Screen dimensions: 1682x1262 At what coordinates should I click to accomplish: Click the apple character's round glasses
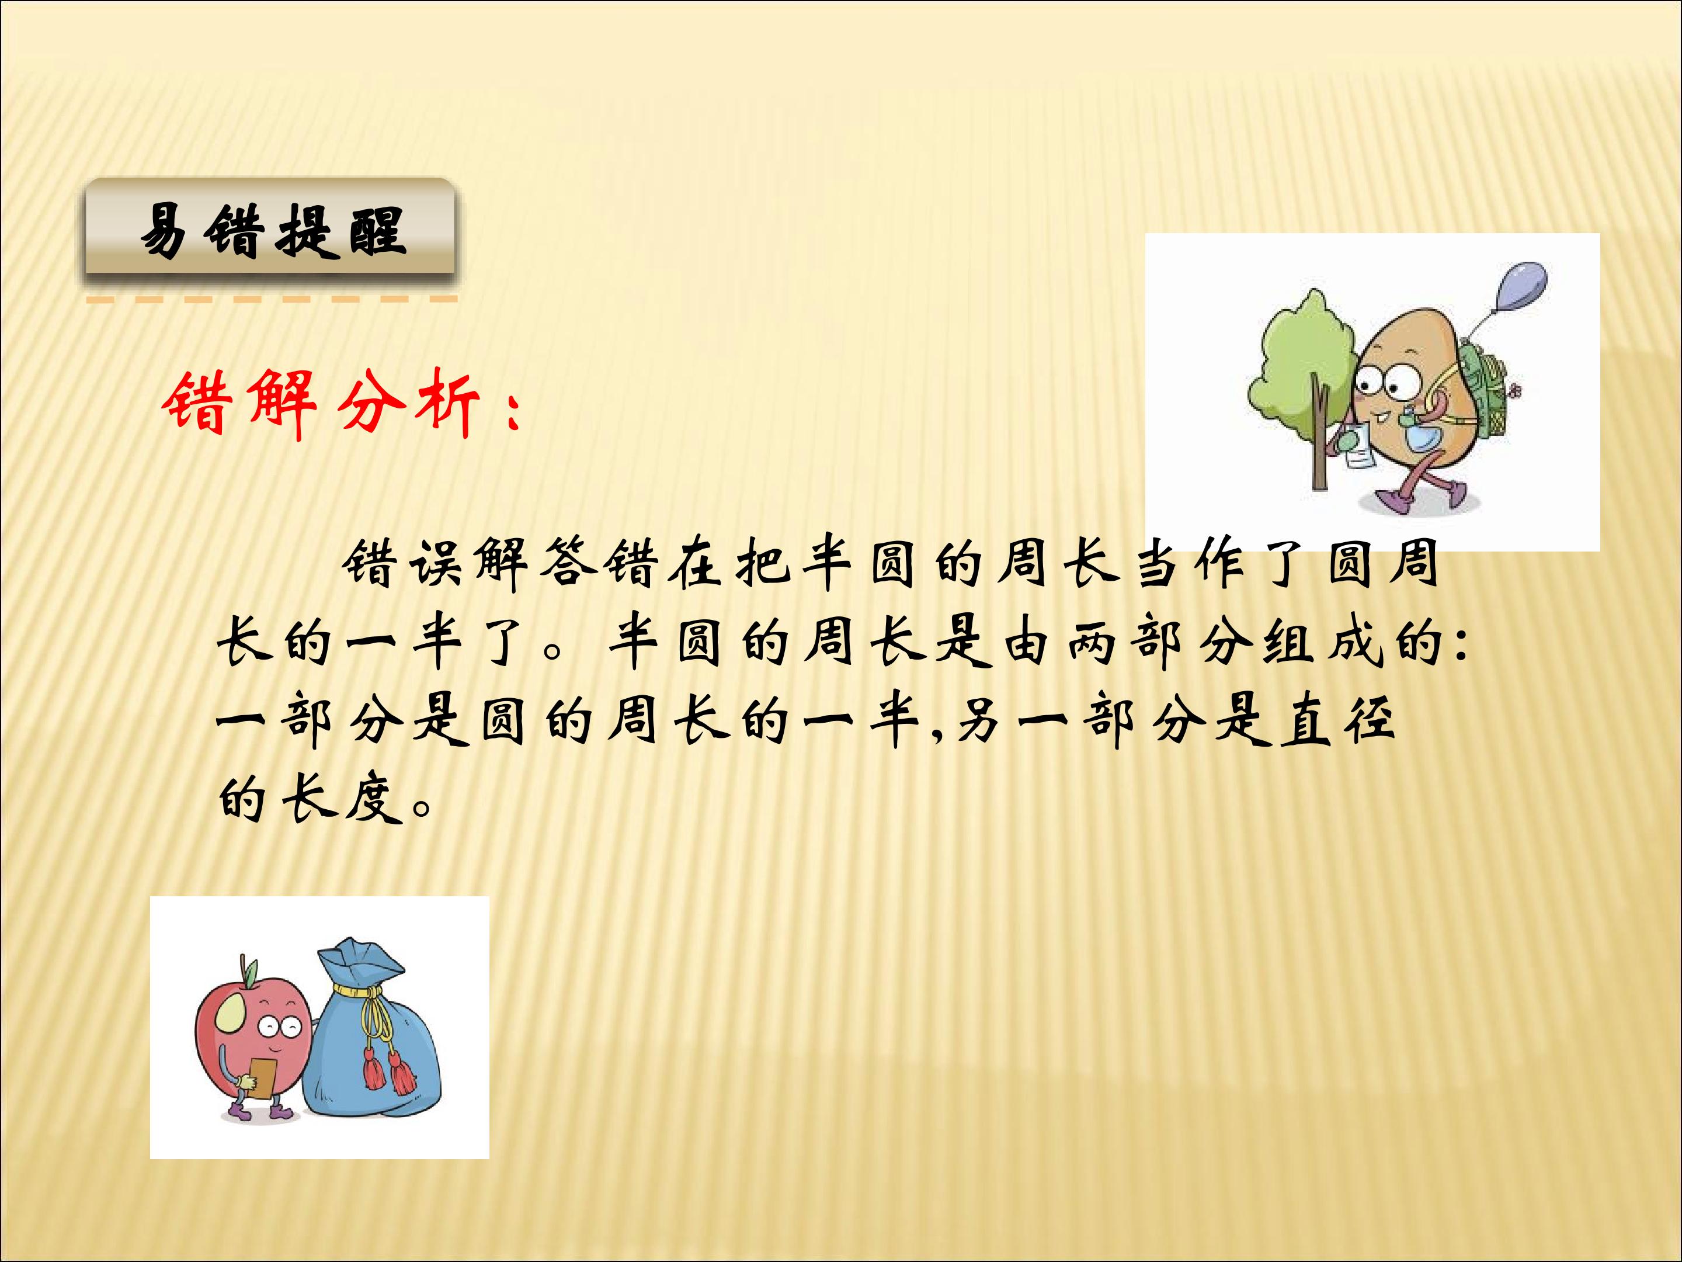pyautogui.click(x=279, y=1028)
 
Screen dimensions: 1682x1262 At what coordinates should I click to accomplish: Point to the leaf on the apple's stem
pyautogui.click(x=251, y=972)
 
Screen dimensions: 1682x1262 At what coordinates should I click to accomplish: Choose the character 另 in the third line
pyautogui.click(x=979, y=721)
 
